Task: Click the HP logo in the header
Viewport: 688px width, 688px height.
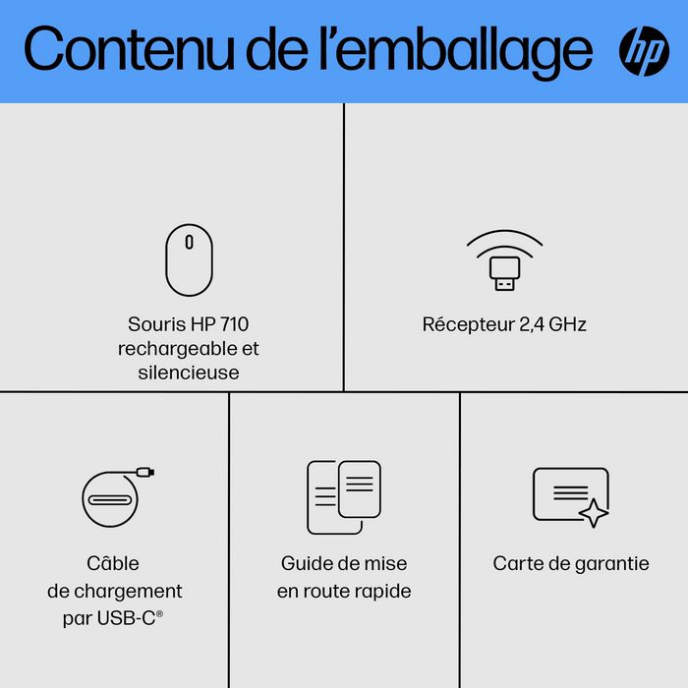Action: tap(644, 51)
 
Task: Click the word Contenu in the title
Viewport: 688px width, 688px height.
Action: tap(129, 48)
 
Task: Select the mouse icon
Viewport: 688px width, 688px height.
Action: tap(189, 259)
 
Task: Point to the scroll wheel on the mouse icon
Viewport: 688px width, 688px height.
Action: tap(189, 242)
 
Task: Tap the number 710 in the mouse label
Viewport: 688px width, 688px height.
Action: tap(234, 324)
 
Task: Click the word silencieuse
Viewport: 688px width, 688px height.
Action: tap(189, 373)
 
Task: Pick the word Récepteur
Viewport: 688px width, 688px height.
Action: tap(469, 325)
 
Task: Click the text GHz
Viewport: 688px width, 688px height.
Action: tap(567, 324)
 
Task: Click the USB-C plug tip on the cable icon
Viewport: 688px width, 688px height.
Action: tap(145, 472)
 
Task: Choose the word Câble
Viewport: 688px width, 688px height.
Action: tap(113, 563)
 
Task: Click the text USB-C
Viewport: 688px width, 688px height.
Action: tap(127, 618)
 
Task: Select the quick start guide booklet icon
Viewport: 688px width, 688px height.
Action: tap(344, 497)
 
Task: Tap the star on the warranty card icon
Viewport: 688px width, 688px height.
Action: tap(594, 512)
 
